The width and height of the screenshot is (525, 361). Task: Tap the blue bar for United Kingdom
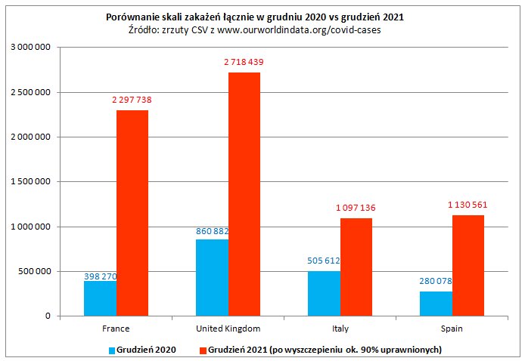212,277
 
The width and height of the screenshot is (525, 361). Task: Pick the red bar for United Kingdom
244,194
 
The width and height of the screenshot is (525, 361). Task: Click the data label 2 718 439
244,62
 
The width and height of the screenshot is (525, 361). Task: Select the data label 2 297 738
132,100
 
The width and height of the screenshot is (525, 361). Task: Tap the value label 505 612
324,261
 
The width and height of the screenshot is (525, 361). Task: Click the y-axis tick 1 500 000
29,182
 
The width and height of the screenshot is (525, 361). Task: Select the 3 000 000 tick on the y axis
29,48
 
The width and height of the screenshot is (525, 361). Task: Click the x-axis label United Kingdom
228,329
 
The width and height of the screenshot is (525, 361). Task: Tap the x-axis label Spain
452,329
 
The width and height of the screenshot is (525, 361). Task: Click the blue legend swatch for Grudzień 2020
113,350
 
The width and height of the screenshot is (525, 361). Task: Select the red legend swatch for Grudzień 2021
202,350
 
